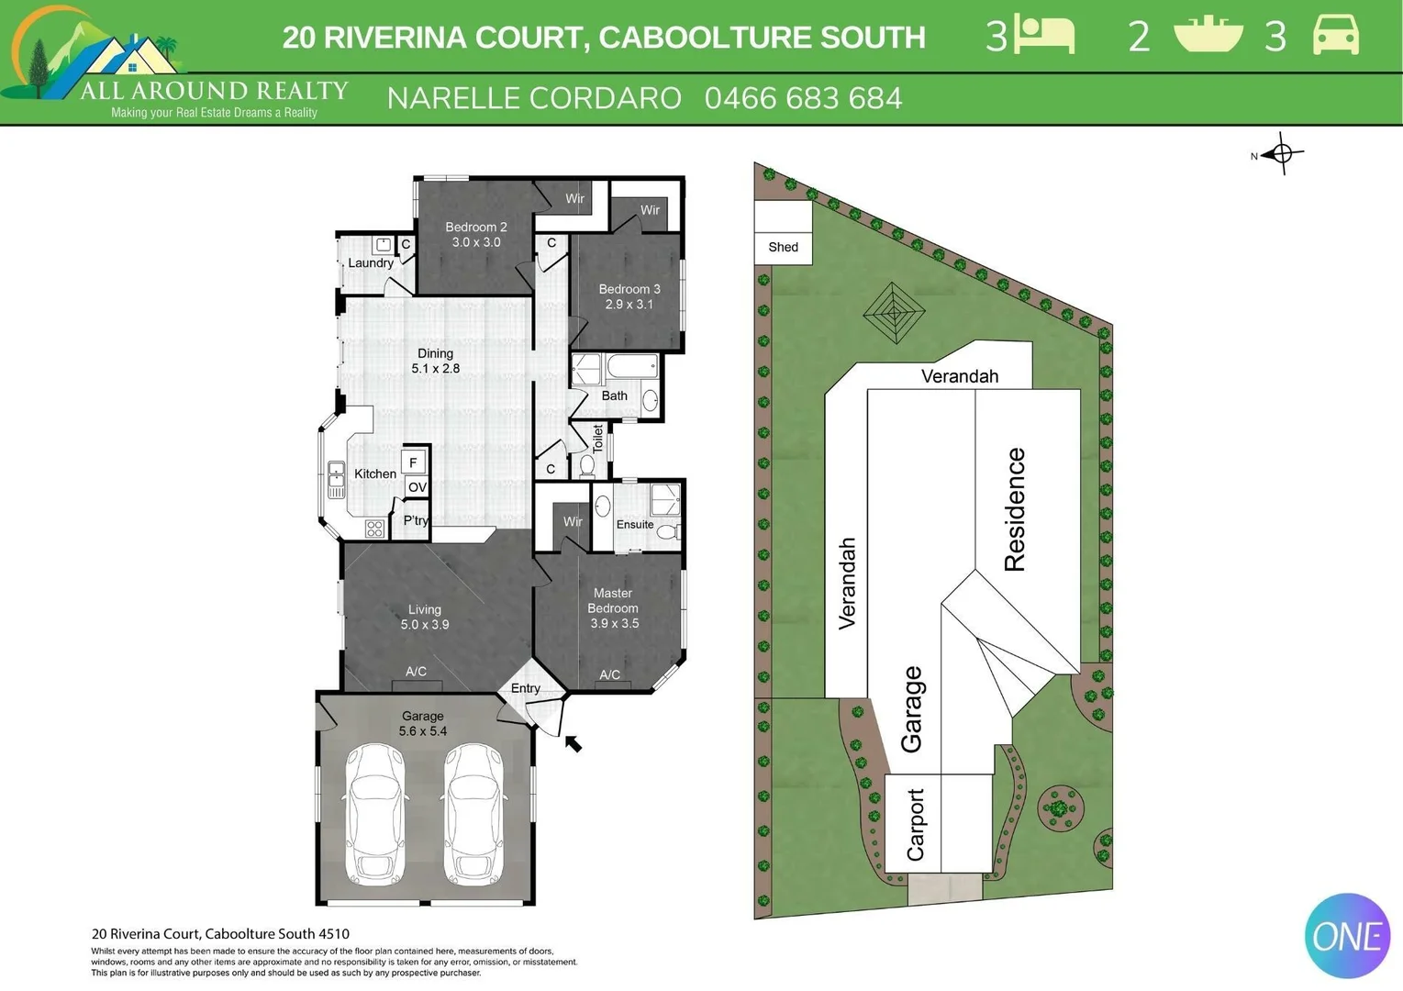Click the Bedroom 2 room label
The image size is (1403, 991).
click(x=475, y=234)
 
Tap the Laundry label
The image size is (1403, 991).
click(x=371, y=263)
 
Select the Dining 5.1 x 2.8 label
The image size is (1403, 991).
click(x=435, y=361)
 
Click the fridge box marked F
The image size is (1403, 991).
click(x=413, y=462)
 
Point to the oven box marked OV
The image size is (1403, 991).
click(x=418, y=487)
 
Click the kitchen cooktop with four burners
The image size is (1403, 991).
click(x=374, y=528)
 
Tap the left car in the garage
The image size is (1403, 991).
click(x=374, y=814)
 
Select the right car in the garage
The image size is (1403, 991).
click(x=473, y=814)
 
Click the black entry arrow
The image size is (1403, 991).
click(x=573, y=743)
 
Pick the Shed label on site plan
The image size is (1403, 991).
click(x=783, y=247)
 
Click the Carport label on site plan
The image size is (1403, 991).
click(x=916, y=824)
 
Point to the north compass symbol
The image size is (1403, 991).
click(x=1281, y=153)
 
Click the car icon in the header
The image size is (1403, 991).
click(x=1335, y=35)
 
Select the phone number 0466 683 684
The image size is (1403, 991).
click(x=803, y=98)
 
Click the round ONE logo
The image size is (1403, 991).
click(x=1347, y=936)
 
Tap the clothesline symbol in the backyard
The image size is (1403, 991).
click(x=894, y=312)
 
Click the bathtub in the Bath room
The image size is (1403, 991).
click(x=632, y=368)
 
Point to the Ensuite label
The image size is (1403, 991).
click(x=635, y=525)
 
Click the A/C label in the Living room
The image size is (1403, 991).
click(x=416, y=672)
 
